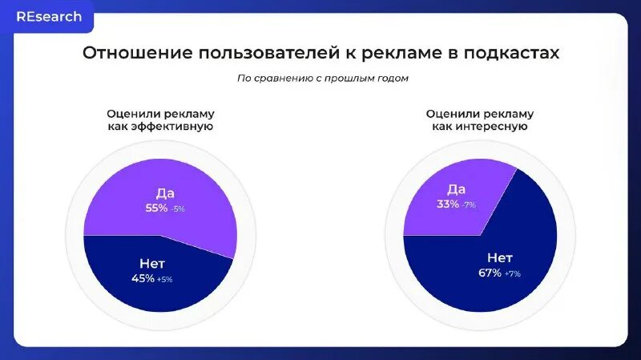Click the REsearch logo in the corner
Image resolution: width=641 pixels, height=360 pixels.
tap(48, 17)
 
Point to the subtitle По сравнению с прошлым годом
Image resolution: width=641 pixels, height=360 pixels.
tap(322, 78)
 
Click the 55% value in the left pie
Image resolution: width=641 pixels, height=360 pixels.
tap(155, 208)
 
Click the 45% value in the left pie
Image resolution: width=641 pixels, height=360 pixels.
tap(143, 278)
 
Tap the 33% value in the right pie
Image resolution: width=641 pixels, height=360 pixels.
tap(447, 204)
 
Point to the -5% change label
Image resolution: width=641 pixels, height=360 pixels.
tap(177, 208)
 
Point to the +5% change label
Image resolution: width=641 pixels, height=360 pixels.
tap(164, 279)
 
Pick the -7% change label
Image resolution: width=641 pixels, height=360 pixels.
tap(468, 204)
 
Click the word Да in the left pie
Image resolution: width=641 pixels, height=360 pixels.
tap(165, 192)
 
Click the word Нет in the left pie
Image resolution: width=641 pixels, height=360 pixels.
tap(152, 263)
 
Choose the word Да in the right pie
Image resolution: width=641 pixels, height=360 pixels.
tap(456, 188)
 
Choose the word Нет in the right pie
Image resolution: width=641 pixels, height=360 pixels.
tap(500, 257)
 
